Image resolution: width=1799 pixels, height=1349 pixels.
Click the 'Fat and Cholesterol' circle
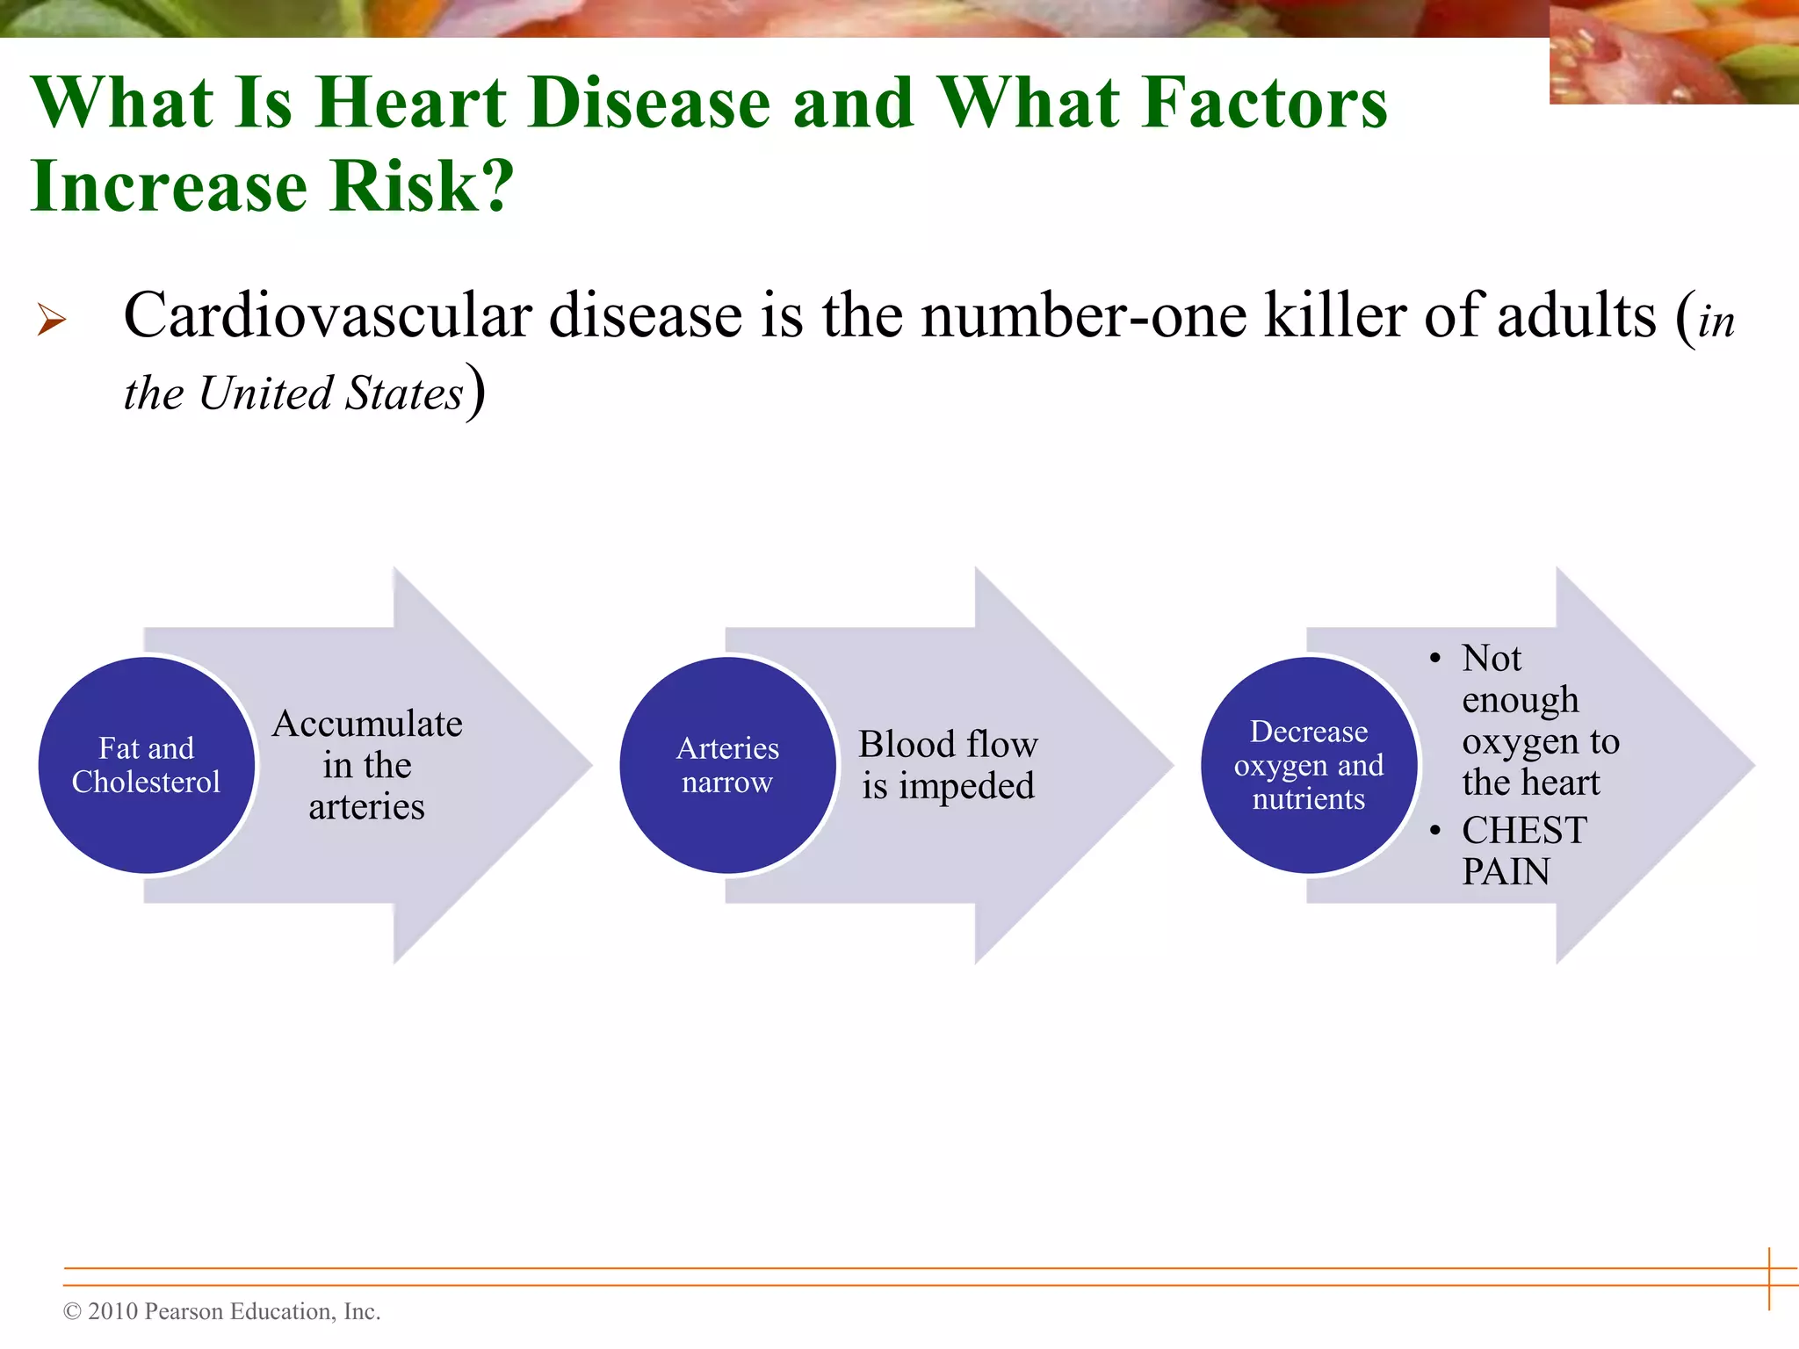point(147,765)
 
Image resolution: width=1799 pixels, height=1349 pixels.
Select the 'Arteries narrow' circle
point(727,765)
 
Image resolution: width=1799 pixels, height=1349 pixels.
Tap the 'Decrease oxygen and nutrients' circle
point(1309,765)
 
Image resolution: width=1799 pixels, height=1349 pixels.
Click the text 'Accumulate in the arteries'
point(367,765)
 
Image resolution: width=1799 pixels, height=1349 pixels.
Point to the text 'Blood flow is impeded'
point(948,765)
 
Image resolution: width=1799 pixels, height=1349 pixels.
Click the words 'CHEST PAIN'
point(1524,850)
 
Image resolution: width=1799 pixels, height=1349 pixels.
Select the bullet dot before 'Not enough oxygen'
point(1435,660)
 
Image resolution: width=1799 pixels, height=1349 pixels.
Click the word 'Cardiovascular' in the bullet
point(328,315)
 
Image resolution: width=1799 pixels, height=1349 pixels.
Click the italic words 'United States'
point(331,393)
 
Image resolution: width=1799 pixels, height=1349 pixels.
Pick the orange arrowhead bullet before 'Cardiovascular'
point(52,319)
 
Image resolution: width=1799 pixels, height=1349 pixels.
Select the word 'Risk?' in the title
point(421,186)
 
